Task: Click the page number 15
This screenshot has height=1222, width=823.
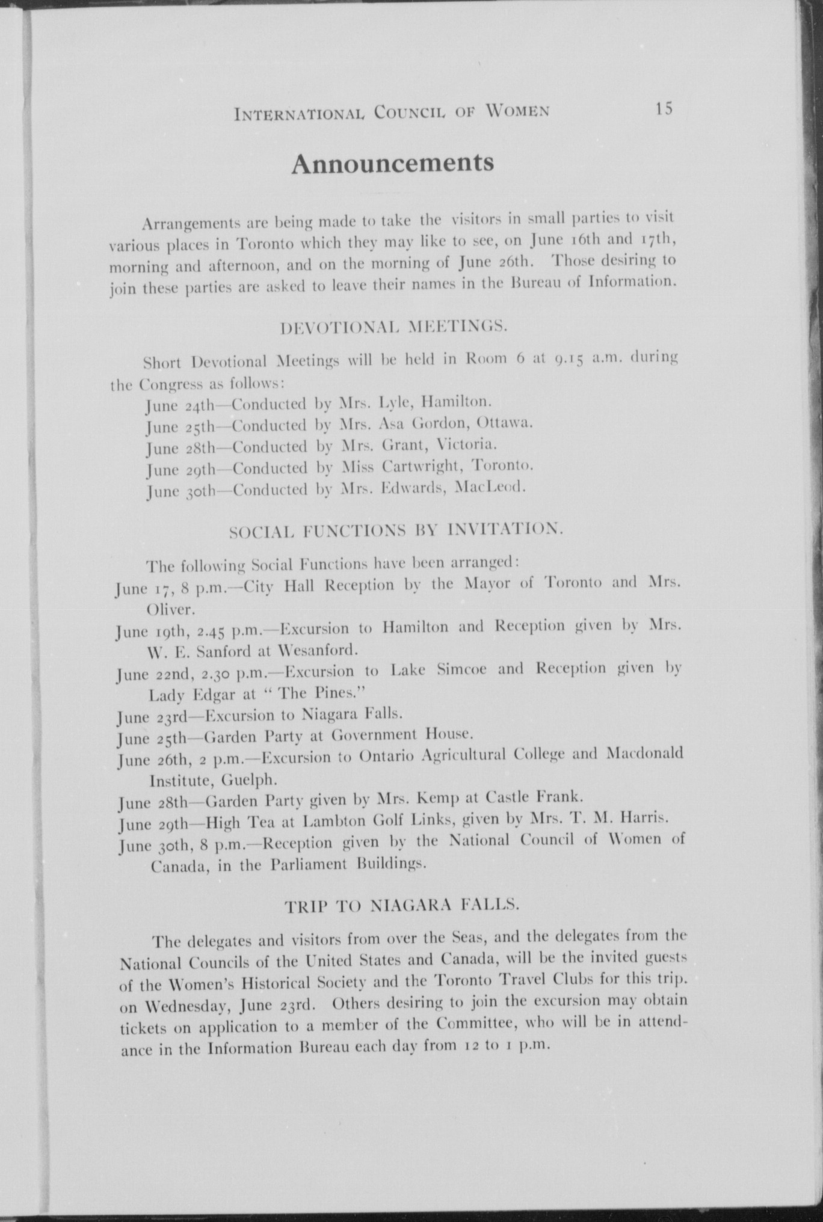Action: point(664,109)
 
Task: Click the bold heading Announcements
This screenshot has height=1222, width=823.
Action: point(392,164)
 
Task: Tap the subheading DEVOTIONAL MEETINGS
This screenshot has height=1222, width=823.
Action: point(395,328)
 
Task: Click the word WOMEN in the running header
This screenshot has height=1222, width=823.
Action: point(517,111)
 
